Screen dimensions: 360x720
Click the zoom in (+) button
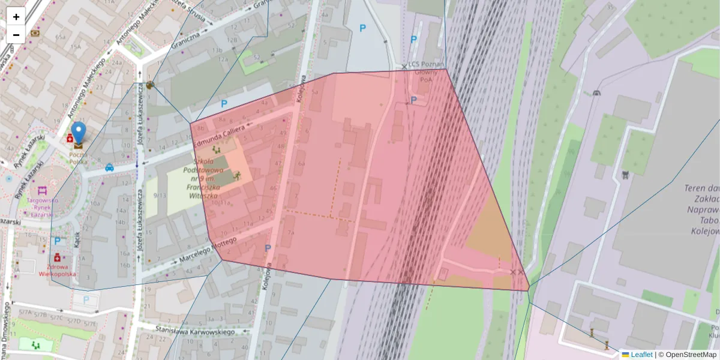coord(16,17)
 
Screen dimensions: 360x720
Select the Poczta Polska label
coord(78,157)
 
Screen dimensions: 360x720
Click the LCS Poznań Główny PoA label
coord(426,71)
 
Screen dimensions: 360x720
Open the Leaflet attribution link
coord(641,355)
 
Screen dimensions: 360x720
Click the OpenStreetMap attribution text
coord(691,355)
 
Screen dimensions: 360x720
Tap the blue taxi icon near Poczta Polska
coord(110,168)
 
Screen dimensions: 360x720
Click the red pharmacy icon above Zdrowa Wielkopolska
coord(57,257)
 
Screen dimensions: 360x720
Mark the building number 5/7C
coord(58,317)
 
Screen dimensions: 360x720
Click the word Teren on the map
coord(697,188)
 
